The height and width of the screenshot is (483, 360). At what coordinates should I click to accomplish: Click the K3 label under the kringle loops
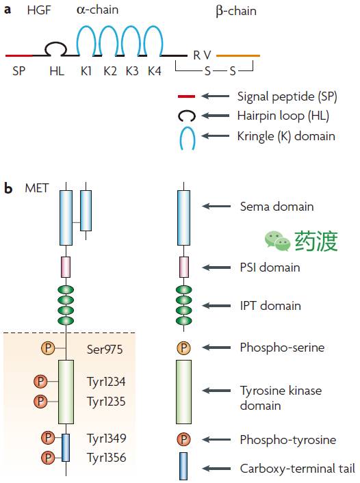132,71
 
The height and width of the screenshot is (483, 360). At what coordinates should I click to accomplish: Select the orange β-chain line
238,55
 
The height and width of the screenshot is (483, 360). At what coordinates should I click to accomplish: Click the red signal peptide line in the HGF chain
19,55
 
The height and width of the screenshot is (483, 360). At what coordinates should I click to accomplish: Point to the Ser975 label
105,350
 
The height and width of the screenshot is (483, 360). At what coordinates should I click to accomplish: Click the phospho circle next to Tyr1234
40,382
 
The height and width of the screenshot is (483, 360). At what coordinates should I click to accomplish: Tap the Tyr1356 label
106,458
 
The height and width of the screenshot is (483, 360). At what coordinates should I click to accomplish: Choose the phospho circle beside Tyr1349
48,438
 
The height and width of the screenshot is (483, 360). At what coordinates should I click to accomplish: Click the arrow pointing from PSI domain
216,267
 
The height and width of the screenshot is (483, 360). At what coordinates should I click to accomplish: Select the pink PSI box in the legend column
184,267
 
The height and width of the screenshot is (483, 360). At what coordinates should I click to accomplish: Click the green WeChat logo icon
277,241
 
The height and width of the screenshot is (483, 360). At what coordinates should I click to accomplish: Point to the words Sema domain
277,207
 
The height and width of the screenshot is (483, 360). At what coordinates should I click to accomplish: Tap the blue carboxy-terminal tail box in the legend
183,466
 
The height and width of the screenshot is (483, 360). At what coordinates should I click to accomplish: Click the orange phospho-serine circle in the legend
183,348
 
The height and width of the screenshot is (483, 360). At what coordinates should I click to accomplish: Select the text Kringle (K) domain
286,136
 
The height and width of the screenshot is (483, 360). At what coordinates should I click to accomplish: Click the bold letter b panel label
8,187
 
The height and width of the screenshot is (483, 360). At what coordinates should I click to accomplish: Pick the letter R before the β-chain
196,55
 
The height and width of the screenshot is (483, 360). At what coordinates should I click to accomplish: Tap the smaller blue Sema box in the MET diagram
86,211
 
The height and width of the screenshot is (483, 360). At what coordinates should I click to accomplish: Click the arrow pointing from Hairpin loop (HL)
216,116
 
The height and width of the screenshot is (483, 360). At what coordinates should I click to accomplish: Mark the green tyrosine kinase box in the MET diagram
66,392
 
